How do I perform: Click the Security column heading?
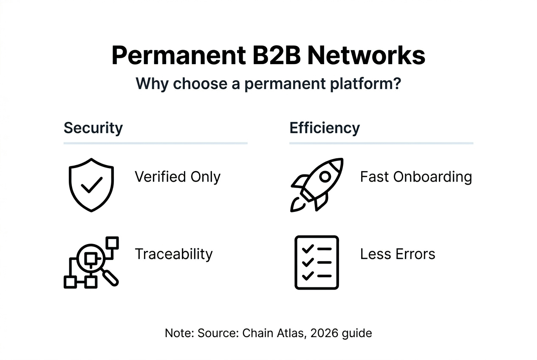coord(93,128)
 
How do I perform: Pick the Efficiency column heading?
coord(325,128)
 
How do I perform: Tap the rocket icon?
coord(317,185)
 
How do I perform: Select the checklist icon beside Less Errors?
coord(317,262)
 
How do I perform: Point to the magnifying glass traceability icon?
coord(91,262)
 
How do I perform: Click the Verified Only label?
coord(178,177)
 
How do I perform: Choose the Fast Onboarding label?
coord(416,177)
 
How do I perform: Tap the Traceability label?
coord(173,254)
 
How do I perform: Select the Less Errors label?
coord(398,254)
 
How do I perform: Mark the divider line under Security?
coord(155,143)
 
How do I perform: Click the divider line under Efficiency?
coord(381,143)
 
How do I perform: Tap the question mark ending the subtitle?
coord(396,83)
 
